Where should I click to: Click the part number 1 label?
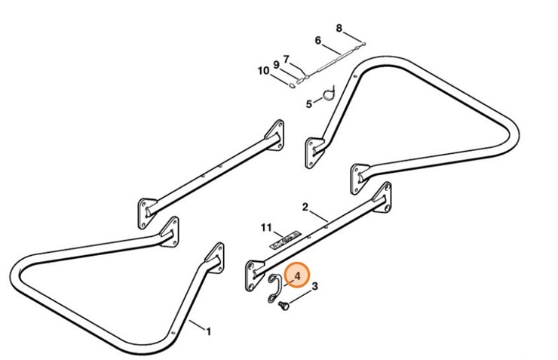[x=209, y=331]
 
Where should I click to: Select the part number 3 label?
[x=314, y=286]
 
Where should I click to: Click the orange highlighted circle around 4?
[x=297, y=277]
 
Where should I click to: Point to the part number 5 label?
[x=308, y=104]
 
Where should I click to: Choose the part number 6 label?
[x=317, y=41]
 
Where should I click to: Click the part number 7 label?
[x=287, y=59]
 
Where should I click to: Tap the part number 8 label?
[x=339, y=29]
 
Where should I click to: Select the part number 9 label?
[x=276, y=64]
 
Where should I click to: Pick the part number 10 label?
[x=263, y=71]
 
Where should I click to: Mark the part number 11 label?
[x=266, y=226]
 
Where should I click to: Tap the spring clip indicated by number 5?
[x=329, y=94]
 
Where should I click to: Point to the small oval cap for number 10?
[x=291, y=85]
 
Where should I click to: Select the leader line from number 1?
[x=198, y=325]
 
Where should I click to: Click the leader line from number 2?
[x=317, y=215]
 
